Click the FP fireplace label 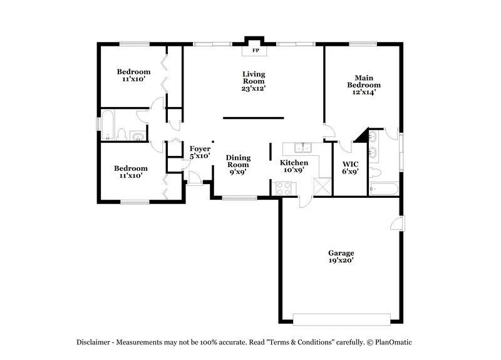pos(255,50)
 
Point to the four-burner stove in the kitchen pos(283,187)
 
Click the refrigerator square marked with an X pos(322,187)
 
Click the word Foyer pos(200,148)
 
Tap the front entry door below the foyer pos(195,180)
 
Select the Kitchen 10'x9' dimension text pos(293,170)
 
